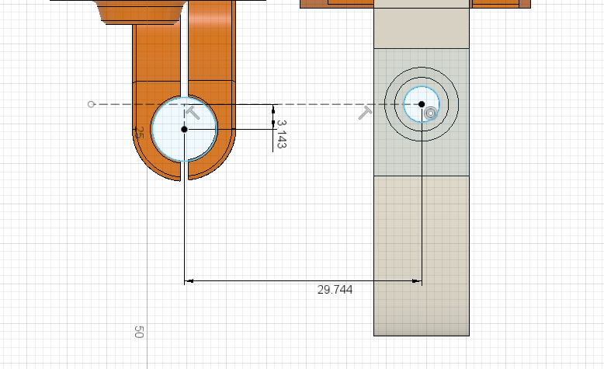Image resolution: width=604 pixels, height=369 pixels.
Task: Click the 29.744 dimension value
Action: tap(335, 290)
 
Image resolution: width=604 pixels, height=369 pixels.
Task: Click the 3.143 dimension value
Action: tap(282, 134)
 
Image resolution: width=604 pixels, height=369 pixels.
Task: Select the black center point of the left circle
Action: tap(184, 129)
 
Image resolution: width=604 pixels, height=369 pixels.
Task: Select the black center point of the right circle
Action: tap(422, 104)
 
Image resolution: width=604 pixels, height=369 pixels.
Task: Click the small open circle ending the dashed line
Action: tap(91, 104)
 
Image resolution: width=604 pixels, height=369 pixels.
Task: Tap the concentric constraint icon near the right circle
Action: tap(430, 113)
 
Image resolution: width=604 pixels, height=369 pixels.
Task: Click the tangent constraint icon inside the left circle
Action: tap(193, 113)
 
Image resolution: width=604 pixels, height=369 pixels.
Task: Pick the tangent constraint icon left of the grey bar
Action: tap(365, 113)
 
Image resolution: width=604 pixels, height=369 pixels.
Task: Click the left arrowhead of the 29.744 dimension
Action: tap(189, 281)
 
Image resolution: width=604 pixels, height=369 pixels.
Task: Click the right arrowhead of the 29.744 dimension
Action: tap(417, 281)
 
